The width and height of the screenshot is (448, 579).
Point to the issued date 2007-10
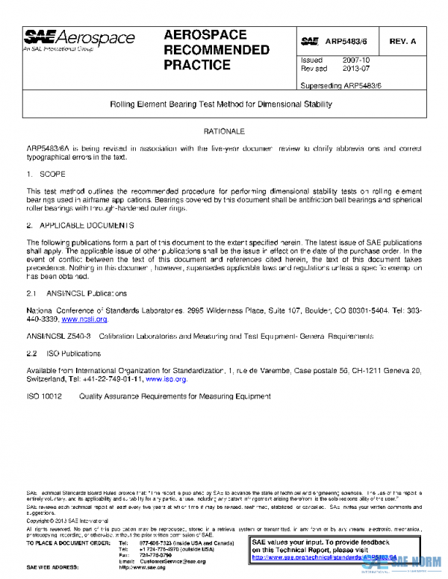pos(355,60)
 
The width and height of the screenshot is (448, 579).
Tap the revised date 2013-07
pos(355,68)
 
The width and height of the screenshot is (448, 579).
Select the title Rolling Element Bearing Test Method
pos(221,104)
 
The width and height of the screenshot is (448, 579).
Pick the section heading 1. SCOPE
pos(46,174)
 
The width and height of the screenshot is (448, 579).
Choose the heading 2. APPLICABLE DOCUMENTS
pos(80,225)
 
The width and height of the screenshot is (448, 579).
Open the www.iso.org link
pos(170,379)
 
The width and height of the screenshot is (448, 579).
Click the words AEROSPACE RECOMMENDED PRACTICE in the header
pos(216,50)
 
